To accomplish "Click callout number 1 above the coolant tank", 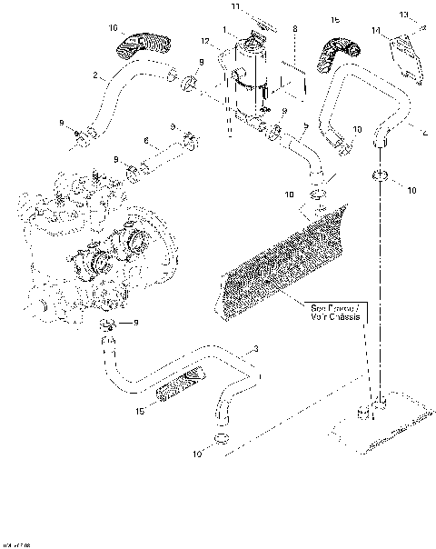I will click(x=224, y=31).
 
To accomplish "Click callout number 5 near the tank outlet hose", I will click(x=306, y=125).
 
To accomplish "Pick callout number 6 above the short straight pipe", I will click(x=145, y=140).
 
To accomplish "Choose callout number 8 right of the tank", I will click(x=294, y=30).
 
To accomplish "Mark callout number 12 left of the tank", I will click(x=206, y=42).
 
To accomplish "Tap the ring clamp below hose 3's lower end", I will click(x=219, y=441).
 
